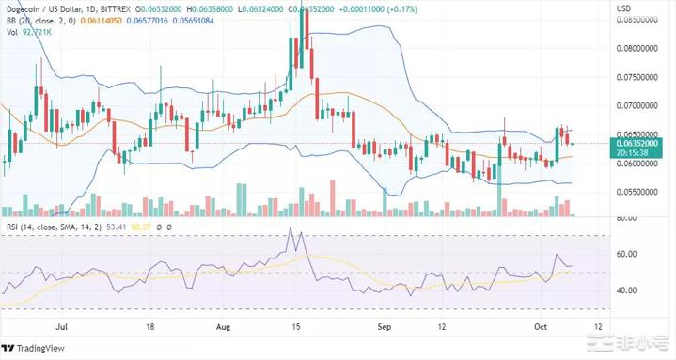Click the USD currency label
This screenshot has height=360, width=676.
pyautogui.click(x=622, y=8)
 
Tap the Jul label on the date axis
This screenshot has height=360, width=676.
pyautogui.click(x=61, y=329)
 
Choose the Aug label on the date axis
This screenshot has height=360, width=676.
pyautogui.click(x=223, y=329)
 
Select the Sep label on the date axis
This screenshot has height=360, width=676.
pyautogui.click(x=384, y=329)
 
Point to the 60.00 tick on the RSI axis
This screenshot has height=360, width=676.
pyautogui.click(x=625, y=255)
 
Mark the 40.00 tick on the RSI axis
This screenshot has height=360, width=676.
pyautogui.click(x=625, y=290)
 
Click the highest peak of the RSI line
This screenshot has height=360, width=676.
pyautogui.click(x=291, y=227)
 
